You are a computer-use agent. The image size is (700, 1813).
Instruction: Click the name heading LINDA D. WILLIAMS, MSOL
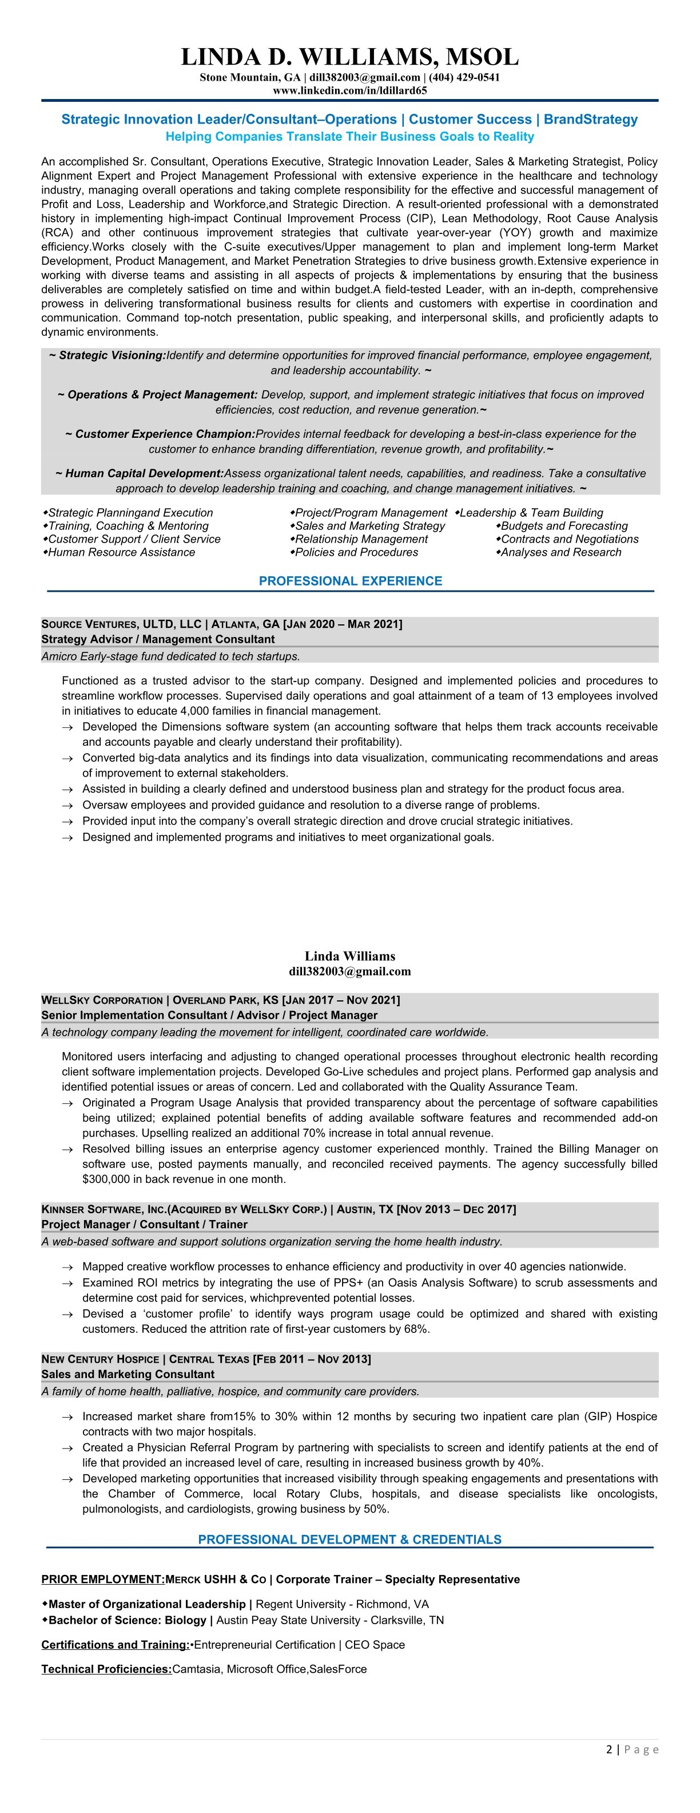pyautogui.click(x=349, y=56)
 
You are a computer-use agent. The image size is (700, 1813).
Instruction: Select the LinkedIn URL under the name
pyautogui.click(x=349, y=90)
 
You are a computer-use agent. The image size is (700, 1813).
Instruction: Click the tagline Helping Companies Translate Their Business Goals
pyautogui.click(x=349, y=137)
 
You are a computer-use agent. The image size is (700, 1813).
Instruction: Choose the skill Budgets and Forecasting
pyautogui.click(x=564, y=526)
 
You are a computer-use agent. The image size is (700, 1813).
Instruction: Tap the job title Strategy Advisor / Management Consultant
pyautogui.click(x=158, y=639)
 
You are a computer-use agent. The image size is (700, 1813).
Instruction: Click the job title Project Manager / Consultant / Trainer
pyautogui.click(x=144, y=1224)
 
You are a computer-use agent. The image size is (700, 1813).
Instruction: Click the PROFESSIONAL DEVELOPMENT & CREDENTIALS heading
pyautogui.click(x=349, y=1539)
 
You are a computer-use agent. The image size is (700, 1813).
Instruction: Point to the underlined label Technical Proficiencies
pyautogui.click(x=107, y=1669)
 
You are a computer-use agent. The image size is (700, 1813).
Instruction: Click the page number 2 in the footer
pyautogui.click(x=608, y=1749)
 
